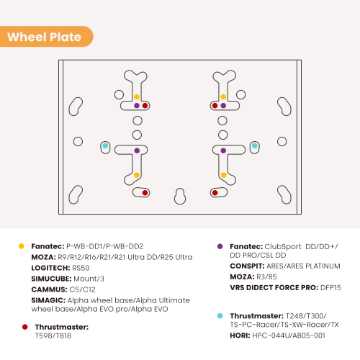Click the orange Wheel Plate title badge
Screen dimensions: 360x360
tap(46, 37)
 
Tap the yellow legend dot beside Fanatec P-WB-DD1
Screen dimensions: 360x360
tap(22, 246)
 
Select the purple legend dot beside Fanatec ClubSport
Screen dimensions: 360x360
tap(220, 246)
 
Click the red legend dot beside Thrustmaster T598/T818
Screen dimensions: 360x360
tap(25, 327)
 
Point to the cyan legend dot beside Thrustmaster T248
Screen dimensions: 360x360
tap(220, 316)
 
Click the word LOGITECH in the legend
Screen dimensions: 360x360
tap(50, 268)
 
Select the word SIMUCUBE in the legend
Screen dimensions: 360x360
tap(51, 279)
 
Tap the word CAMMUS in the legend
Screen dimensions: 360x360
tap(49, 289)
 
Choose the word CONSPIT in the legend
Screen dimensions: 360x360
tap(247, 266)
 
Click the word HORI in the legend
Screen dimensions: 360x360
tap(240, 336)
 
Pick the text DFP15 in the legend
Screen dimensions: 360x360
tap(330, 287)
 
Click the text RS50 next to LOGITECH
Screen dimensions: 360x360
tap(81, 268)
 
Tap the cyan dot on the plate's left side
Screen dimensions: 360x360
tap(105, 145)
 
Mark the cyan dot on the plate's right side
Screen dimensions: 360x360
tap(255, 145)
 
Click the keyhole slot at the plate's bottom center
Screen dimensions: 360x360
tap(180, 197)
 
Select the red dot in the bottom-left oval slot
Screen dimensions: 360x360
tap(145, 193)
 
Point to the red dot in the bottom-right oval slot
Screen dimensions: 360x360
tap(215, 193)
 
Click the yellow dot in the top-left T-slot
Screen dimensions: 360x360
tap(137, 97)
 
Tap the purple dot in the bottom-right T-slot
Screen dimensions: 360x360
tap(223, 150)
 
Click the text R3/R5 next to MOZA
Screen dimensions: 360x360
tap(266, 276)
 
